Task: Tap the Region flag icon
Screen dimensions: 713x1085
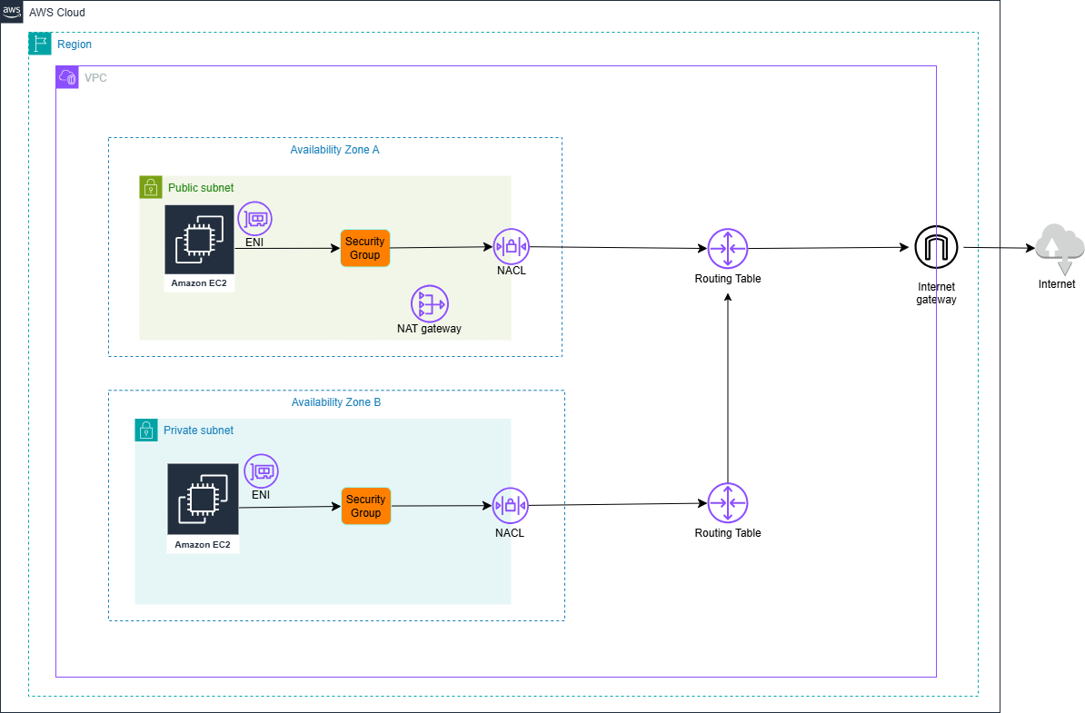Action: pos(40,44)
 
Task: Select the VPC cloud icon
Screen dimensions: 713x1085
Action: pos(67,77)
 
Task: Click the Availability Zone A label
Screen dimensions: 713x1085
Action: pos(334,150)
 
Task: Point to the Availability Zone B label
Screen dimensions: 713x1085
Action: pos(336,402)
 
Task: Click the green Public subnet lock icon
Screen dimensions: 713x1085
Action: pos(151,187)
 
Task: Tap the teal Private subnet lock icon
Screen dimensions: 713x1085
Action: pos(146,431)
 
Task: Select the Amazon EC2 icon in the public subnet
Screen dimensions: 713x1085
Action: pos(199,239)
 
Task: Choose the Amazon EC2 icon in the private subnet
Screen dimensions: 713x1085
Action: pos(203,499)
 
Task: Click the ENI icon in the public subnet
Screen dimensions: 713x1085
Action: pos(255,219)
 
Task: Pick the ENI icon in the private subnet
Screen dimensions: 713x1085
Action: pos(261,471)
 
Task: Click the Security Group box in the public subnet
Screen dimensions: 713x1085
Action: pos(365,248)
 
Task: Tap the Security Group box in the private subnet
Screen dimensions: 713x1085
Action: pos(366,506)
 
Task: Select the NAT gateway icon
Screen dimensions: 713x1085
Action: pos(429,303)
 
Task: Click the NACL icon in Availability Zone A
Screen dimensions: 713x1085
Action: pos(511,246)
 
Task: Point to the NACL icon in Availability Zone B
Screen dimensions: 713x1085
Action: pos(510,506)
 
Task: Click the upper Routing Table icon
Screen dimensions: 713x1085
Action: pos(727,248)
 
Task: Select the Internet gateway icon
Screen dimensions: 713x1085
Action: pos(936,247)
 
